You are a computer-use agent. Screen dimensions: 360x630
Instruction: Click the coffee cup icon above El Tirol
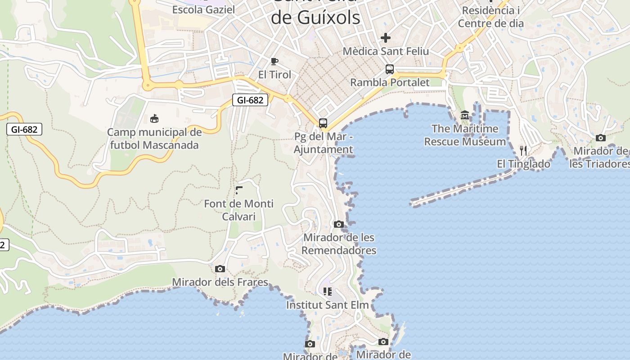pyautogui.click(x=274, y=61)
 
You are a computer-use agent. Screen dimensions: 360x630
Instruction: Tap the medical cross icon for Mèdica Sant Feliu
pyautogui.click(x=386, y=38)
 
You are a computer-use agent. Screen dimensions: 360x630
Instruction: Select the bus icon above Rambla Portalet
pyautogui.click(x=390, y=69)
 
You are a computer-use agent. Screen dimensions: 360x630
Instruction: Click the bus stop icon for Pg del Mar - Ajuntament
pyautogui.click(x=323, y=123)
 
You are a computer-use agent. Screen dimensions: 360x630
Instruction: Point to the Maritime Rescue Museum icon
pyautogui.click(x=465, y=116)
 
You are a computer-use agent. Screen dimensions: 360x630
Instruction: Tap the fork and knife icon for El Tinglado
pyautogui.click(x=523, y=151)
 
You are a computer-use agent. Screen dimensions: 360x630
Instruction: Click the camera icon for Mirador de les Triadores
pyautogui.click(x=600, y=138)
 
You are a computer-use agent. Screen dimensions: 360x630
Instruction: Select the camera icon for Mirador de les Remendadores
pyautogui.click(x=339, y=224)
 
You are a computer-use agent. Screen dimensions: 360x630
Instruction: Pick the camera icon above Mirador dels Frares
pyautogui.click(x=220, y=269)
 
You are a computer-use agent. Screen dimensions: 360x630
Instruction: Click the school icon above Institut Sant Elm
pyautogui.click(x=327, y=292)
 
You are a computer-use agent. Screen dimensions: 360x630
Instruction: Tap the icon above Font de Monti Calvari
pyautogui.click(x=239, y=191)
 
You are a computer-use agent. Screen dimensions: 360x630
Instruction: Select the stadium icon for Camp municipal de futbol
pyautogui.click(x=154, y=119)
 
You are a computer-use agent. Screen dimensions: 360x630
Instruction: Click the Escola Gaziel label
pyautogui.click(x=203, y=9)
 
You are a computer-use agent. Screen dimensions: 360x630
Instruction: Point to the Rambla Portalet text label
pyautogui.click(x=390, y=82)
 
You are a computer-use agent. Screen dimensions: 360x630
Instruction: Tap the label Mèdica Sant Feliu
pyautogui.click(x=386, y=51)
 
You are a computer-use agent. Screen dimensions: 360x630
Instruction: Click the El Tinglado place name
pyautogui.click(x=523, y=164)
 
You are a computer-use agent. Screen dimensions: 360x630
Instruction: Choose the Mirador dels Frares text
pyautogui.click(x=220, y=282)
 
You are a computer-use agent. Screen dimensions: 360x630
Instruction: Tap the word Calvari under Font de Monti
pyautogui.click(x=239, y=216)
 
